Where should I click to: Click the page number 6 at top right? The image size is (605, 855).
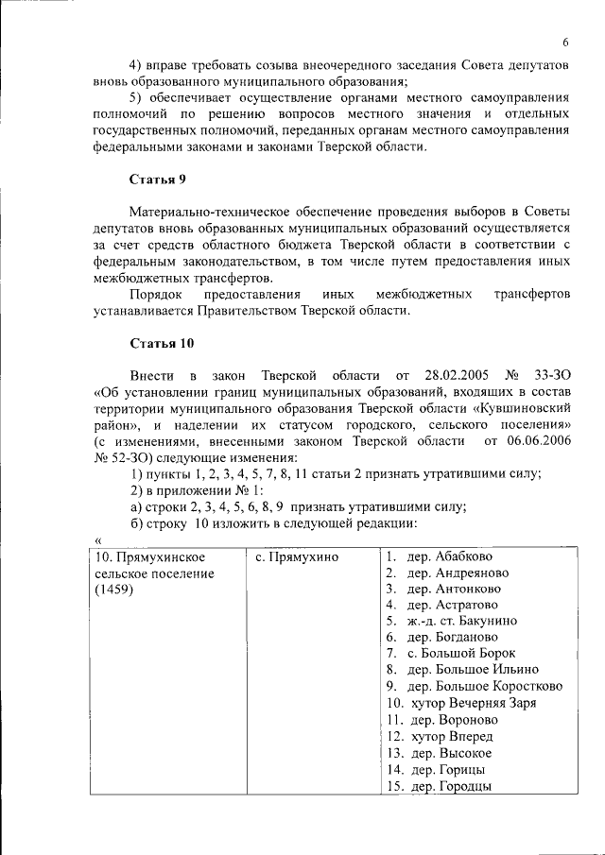tap(565, 42)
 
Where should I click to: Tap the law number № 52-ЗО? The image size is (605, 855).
tap(120, 456)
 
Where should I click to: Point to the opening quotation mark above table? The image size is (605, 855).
tap(97, 539)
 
